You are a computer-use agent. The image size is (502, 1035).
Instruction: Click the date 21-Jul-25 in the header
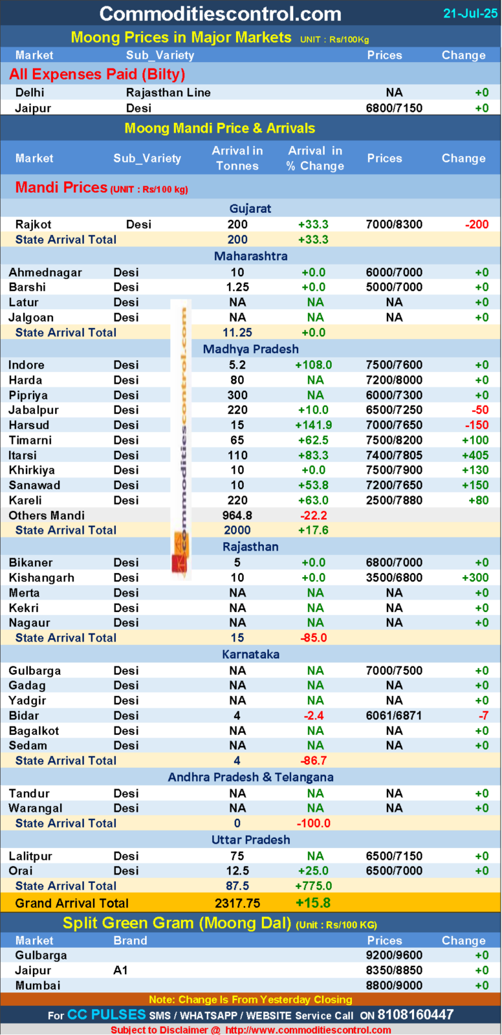(x=470, y=13)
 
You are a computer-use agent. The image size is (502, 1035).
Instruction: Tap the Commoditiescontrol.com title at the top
(x=220, y=14)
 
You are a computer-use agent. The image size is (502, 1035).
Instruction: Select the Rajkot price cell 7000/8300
(x=394, y=224)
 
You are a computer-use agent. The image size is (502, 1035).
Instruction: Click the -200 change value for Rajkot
(x=477, y=224)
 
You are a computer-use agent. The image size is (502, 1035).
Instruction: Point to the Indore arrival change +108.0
(x=314, y=365)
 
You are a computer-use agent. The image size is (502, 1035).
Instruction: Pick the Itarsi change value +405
(x=475, y=455)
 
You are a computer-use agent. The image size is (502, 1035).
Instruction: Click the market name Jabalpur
(x=34, y=410)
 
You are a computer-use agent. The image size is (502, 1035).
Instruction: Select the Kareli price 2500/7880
(x=394, y=500)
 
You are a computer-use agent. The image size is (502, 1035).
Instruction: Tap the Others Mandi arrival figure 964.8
(x=237, y=516)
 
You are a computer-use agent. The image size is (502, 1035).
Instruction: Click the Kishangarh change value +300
(x=475, y=578)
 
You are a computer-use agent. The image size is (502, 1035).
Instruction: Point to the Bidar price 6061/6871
(x=394, y=715)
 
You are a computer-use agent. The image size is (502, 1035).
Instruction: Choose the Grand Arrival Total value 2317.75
(x=237, y=903)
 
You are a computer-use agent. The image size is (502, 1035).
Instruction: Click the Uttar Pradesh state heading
(x=251, y=840)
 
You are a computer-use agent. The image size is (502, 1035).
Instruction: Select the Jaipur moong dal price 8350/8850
(x=394, y=970)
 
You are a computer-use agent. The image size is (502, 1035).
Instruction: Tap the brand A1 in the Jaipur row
(x=121, y=970)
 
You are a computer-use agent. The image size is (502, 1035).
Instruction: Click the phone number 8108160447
(x=415, y=1015)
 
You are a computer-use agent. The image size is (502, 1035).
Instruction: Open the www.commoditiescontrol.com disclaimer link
(x=308, y=1030)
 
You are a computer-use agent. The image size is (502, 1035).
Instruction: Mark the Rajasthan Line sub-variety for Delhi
(x=168, y=93)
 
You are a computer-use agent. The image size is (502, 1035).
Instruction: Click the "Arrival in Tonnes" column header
(x=237, y=158)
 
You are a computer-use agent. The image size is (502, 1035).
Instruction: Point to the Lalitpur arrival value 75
(x=237, y=856)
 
